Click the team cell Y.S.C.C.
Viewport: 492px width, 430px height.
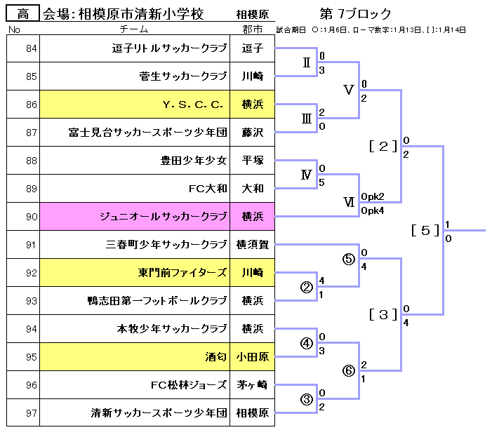coord(192,105)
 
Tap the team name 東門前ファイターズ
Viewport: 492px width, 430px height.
coord(182,273)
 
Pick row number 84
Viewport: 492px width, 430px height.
coord(30,48)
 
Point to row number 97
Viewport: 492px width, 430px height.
coord(30,413)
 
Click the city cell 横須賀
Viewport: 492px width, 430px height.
coord(252,245)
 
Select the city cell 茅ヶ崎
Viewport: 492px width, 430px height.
coord(252,385)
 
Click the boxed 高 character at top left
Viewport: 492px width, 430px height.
coord(22,13)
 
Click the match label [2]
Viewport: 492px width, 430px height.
coord(383,146)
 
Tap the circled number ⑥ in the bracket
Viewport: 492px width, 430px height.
coord(349,371)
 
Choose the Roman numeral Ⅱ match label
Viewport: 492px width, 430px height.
coord(306,62)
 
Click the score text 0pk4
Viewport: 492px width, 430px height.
coord(372,210)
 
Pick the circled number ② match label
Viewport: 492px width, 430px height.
coord(306,287)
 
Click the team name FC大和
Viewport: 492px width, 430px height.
coord(208,189)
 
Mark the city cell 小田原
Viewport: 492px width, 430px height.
coord(252,357)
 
